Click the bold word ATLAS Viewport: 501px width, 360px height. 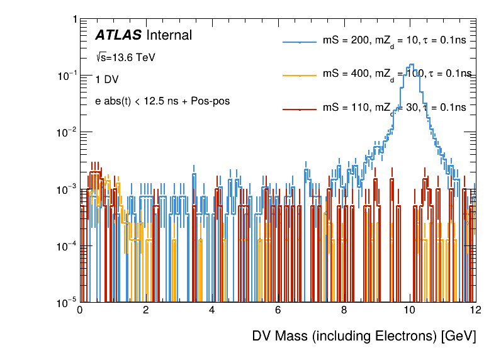tap(118, 35)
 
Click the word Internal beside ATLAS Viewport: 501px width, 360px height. tap(169, 35)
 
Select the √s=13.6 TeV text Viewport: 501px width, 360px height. tap(125, 57)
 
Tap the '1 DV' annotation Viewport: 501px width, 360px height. tap(107, 80)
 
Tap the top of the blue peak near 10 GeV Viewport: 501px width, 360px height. tap(411, 64)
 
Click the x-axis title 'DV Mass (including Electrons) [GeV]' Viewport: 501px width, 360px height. tap(364, 336)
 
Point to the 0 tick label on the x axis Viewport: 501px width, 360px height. tap(79, 310)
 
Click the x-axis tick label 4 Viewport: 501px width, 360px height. tap(211, 310)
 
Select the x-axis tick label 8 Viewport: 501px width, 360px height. tap(344, 310)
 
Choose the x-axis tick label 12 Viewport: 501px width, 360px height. tap(475, 310)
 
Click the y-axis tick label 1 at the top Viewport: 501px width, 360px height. tap(74, 20)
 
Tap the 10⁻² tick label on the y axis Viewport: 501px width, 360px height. tap(66, 132)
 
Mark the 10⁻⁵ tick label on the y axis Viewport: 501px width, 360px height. tap(66, 302)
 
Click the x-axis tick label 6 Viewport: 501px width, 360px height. tap(278, 310)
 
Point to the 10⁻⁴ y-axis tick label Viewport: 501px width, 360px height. tap(66, 245)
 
